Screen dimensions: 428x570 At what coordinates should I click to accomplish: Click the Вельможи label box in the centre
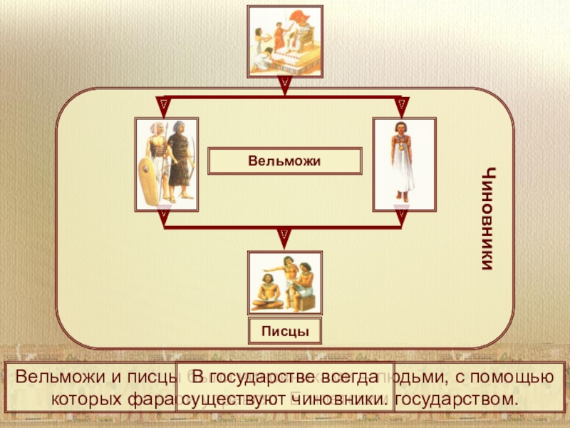pos(285,162)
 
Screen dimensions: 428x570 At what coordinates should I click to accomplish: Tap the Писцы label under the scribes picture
pos(285,332)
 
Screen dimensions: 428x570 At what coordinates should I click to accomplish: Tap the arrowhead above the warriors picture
pos(165,105)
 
